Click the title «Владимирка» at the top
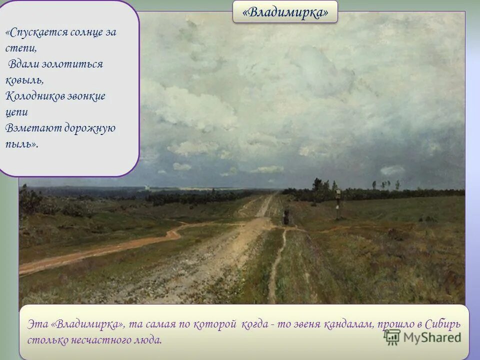click(285, 12)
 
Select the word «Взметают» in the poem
click(29, 128)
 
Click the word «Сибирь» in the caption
click(444, 324)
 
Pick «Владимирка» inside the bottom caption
click(87, 324)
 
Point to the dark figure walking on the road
click(286, 216)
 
